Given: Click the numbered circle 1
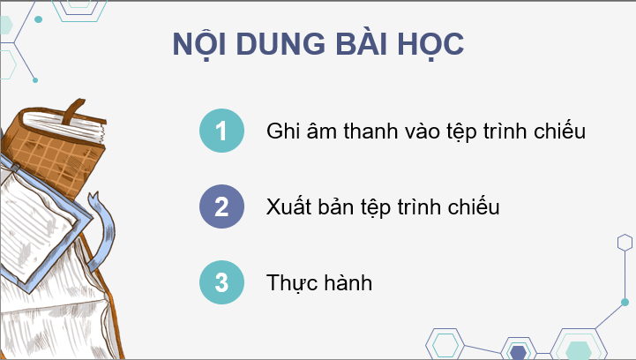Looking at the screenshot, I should (x=221, y=131).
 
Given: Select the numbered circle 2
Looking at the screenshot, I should (x=221, y=208).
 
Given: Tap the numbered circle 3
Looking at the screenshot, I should (x=221, y=283).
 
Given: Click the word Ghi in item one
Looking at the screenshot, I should (x=281, y=132).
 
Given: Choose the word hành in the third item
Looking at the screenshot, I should (x=347, y=284).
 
